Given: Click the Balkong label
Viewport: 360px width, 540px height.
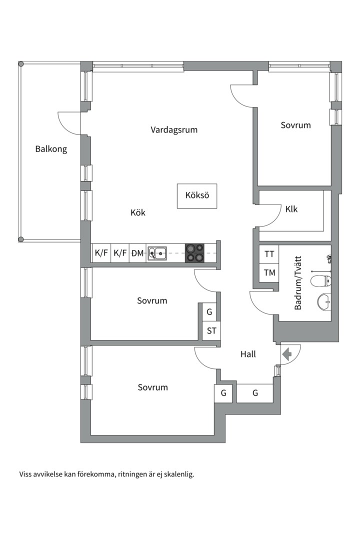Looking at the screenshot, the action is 51,149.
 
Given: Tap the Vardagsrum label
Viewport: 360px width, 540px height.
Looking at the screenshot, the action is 174,130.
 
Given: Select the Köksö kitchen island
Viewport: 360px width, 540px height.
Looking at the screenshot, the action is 197,196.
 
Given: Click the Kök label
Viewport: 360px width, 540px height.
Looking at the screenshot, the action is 138,212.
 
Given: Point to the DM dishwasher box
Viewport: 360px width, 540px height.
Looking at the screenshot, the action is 137,253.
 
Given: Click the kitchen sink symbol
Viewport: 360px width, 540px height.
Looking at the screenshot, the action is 157,253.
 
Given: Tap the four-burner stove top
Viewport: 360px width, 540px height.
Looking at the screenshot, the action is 194,253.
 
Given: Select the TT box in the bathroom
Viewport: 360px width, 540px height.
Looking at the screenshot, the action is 269,254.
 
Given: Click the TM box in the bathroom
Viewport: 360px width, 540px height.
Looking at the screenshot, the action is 269,273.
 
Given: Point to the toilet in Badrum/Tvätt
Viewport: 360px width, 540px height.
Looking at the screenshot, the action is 320,281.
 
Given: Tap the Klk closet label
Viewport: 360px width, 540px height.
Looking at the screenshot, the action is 291,209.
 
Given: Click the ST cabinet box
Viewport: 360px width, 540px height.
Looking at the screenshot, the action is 211,331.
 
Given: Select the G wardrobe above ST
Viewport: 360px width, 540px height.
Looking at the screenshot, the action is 209,312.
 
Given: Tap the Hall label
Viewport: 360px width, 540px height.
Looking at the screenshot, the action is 248,354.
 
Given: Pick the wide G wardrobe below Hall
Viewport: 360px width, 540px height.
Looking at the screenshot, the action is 255,393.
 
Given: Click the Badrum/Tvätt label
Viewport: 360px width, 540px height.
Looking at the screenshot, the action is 298,282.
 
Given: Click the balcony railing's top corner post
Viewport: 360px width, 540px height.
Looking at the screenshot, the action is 21,64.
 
